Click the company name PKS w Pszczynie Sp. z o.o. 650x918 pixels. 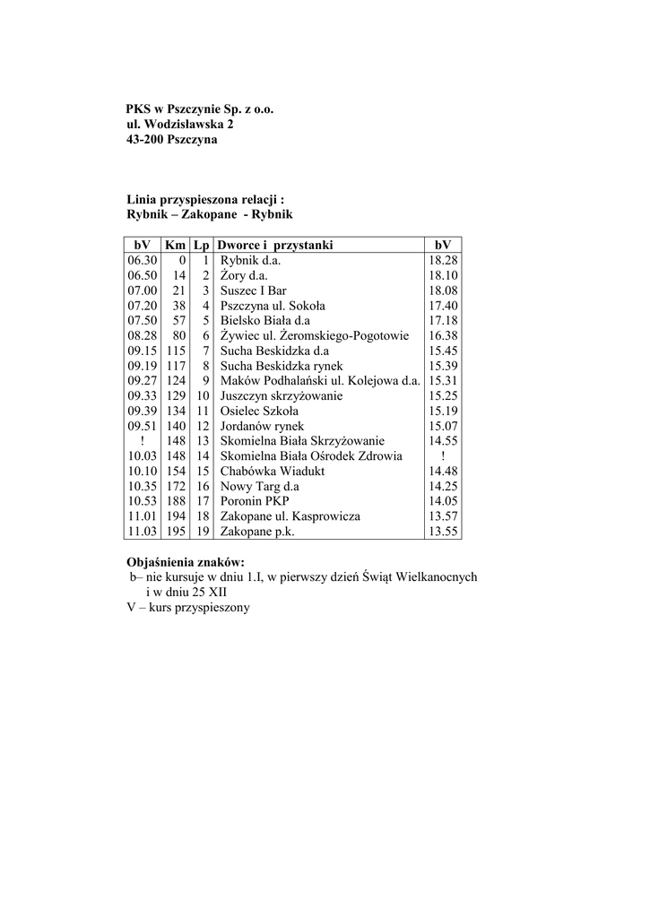(199, 108)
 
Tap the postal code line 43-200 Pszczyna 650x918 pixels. (171, 140)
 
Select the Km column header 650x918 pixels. (175, 244)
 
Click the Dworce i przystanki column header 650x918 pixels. (274, 244)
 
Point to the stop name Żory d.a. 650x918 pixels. (244, 275)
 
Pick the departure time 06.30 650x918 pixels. (143, 260)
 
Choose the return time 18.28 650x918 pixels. (443, 260)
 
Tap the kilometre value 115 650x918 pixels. (175, 351)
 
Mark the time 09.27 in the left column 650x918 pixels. (143, 380)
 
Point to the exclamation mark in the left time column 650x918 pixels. (143, 441)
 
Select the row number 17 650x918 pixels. (202, 501)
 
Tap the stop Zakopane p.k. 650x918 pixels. (257, 532)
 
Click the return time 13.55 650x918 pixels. (443, 532)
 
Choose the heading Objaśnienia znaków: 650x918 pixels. (186, 562)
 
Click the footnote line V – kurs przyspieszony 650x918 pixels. (187, 608)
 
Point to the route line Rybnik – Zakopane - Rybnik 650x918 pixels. (209, 215)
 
